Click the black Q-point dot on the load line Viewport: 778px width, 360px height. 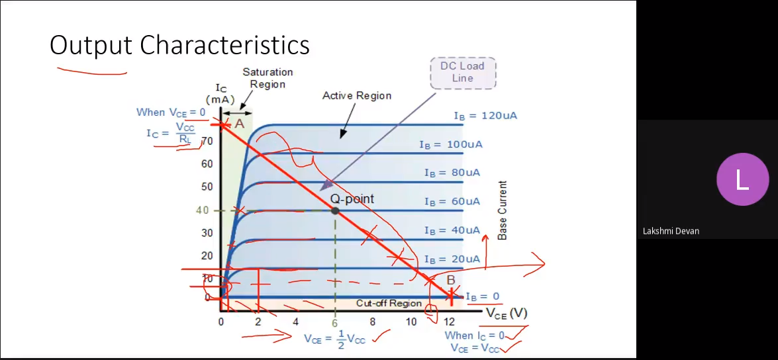pos(335,210)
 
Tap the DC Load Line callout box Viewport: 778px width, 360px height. pos(462,72)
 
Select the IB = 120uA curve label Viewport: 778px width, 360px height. pos(485,116)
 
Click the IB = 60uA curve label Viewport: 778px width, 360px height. pos(452,202)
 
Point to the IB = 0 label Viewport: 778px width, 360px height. pos(482,296)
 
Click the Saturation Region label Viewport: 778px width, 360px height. pos(267,78)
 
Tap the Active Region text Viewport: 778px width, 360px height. pos(357,96)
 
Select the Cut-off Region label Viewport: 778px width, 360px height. pos(389,304)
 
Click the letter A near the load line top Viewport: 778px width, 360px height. pos(239,124)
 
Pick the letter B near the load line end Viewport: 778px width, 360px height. pos(450,280)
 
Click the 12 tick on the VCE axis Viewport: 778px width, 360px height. pos(449,322)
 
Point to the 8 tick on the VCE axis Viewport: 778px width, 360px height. pos(372,322)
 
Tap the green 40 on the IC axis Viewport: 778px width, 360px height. pos(203,210)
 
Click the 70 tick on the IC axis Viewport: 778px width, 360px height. pos(207,142)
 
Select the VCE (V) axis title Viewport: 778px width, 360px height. pos(506,314)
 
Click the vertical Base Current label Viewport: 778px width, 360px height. pos(503,210)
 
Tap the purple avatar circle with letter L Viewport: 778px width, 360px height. pos(742,179)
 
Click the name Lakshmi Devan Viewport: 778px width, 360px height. pos(671,231)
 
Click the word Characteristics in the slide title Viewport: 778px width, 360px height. pos(224,45)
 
